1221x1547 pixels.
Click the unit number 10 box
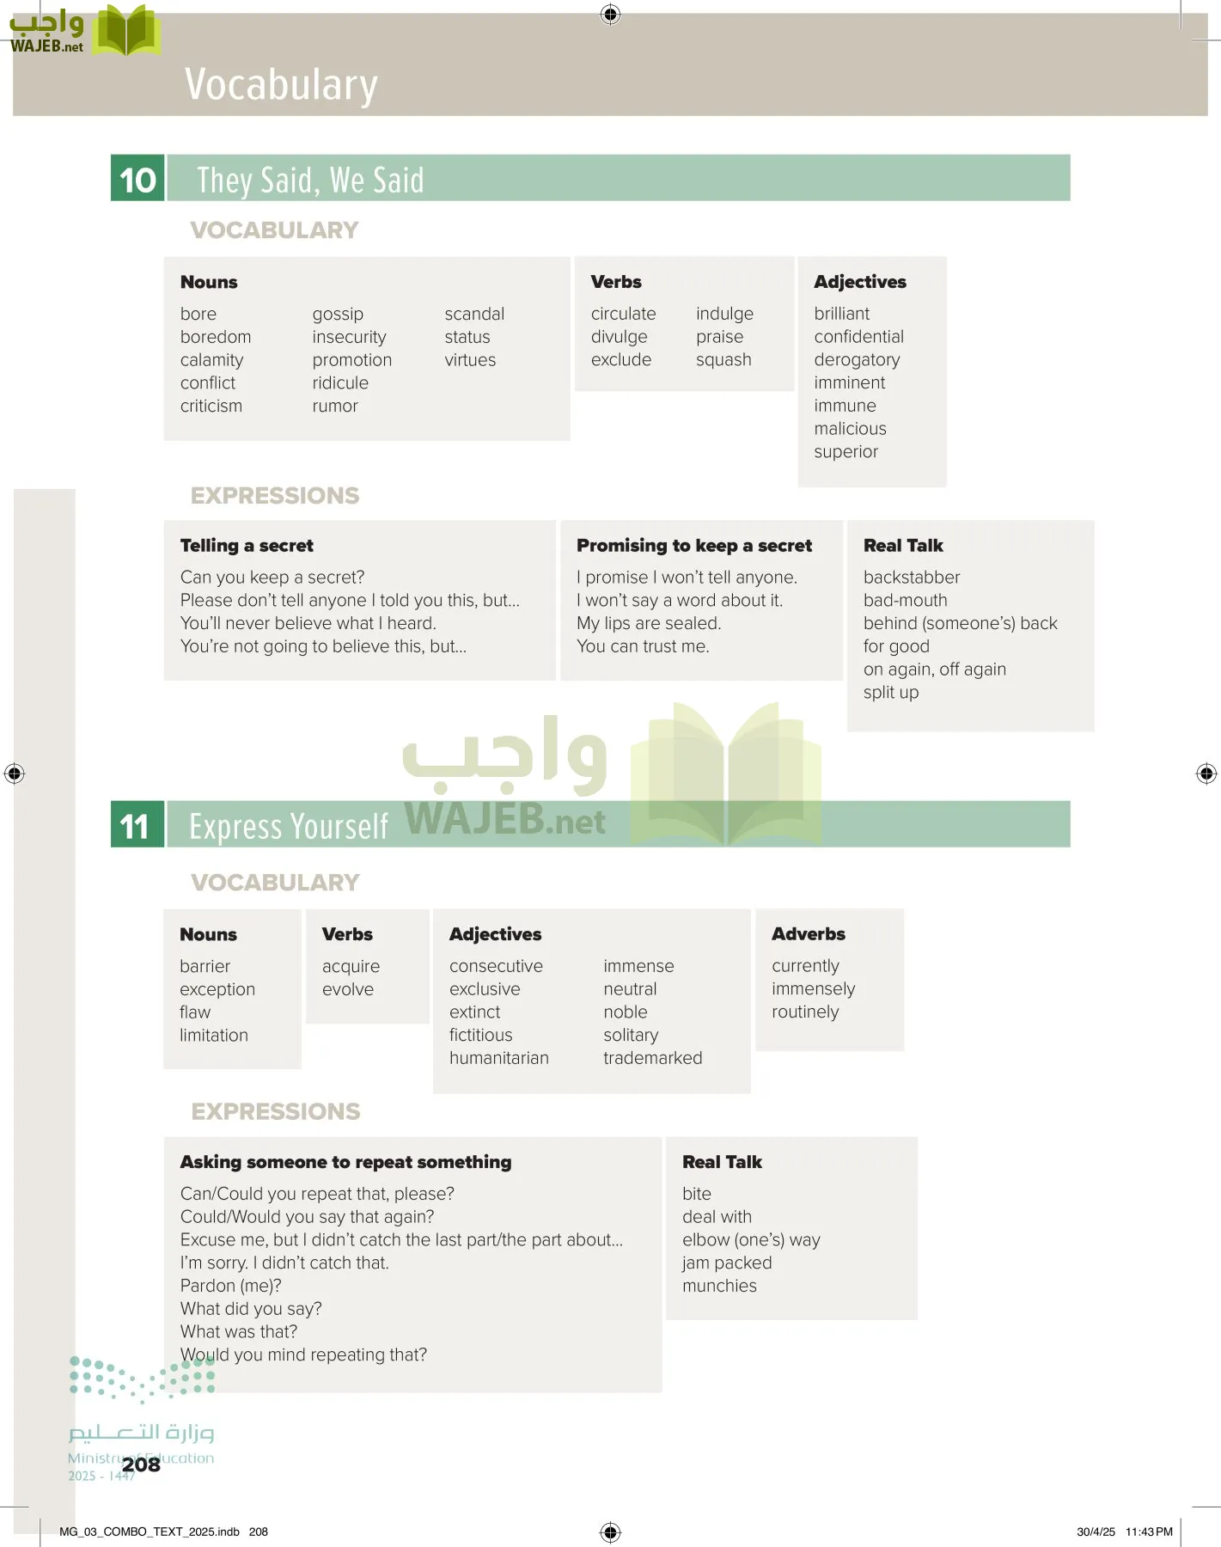[137, 179]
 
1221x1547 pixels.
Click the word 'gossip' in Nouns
[338, 315]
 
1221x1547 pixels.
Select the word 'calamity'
[211, 360]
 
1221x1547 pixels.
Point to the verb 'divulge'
[619, 337]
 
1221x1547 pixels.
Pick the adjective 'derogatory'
[857, 360]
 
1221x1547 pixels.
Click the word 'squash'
[723, 360]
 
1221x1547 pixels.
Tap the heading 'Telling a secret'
[247, 546]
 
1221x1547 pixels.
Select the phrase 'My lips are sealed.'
[649, 623]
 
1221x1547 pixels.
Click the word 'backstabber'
[912, 578]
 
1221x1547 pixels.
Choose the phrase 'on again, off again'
[934, 670]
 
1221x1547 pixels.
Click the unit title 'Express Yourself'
[289, 827]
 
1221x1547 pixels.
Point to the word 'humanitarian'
[498, 1058]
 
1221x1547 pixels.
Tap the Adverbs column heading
[808, 934]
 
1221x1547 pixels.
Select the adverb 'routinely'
[805, 1012]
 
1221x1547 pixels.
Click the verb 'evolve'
[348, 989]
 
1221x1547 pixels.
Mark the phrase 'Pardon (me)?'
[230, 1286]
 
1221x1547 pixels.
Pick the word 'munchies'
[719, 1286]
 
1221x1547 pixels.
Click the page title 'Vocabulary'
[281, 85]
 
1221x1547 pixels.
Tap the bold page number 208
[141, 1464]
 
